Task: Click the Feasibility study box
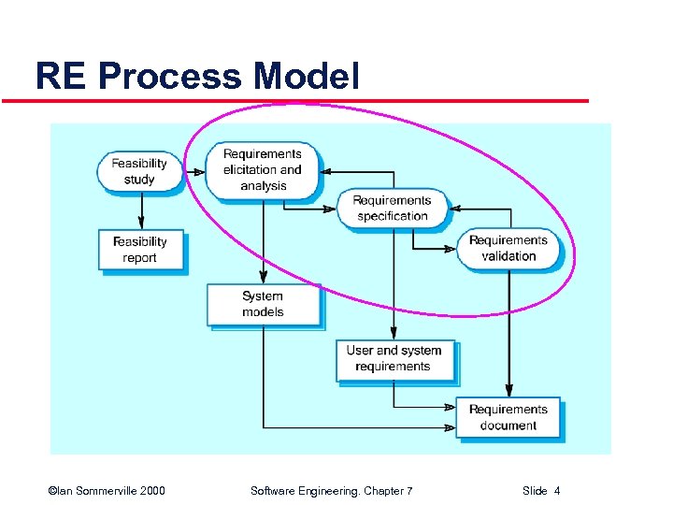pyautogui.click(x=139, y=171)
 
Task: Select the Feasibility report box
pyautogui.click(x=140, y=250)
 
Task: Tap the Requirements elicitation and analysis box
pyautogui.click(x=263, y=170)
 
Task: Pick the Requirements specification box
pyautogui.click(x=393, y=209)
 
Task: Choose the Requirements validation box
pyautogui.click(x=508, y=249)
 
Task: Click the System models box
pyautogui.click(x=263, y=305)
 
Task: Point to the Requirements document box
pyautogui.click(x=508, y=417)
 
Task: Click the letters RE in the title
pyautogui.click(x=61, y=77)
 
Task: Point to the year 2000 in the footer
pyautogui.click(x=151, y=491)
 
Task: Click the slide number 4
pyautogui.click(x=557, y=491)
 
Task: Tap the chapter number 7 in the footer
pyautogui.click(x=409, y=491)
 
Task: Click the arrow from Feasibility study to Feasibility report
pyautogui.click(x=140, y=211)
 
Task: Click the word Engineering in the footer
pyautogui.click(x=331, y=491)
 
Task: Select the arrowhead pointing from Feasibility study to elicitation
pyautogui.click(x=199, y=172)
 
